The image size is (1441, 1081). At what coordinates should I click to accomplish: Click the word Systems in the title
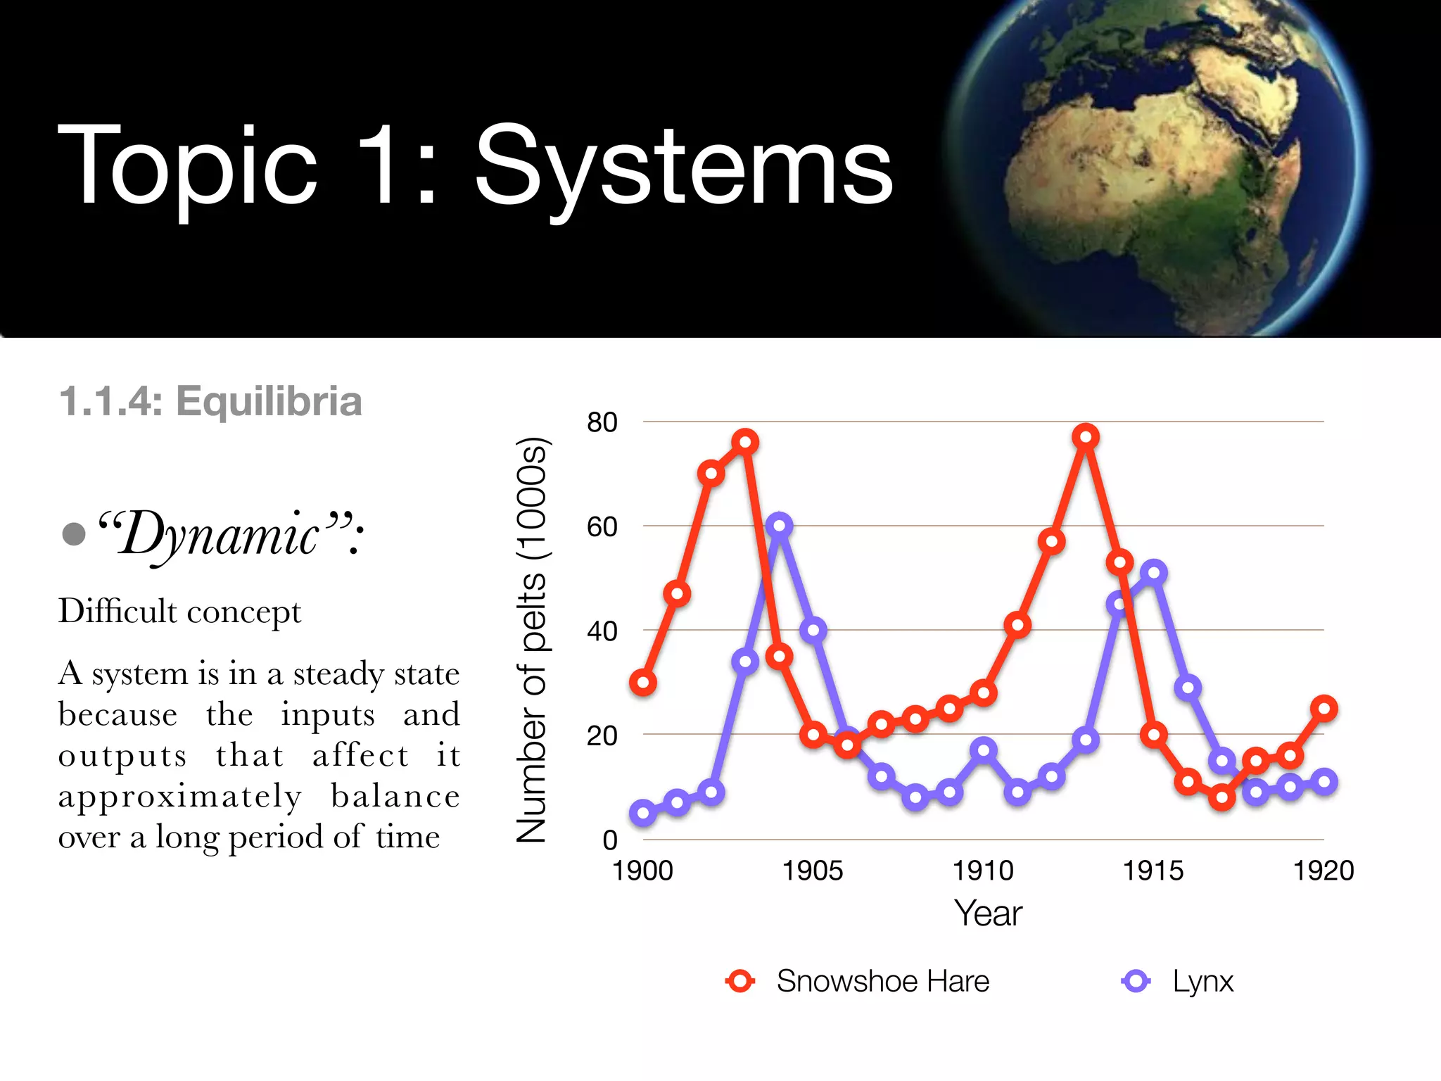click(683, 166)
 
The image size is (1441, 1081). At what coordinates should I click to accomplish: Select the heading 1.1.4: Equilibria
click(210, 401)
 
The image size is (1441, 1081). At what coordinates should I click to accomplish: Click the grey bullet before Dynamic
click(74, 533)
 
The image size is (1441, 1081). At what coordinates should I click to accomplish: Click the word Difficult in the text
click(118, 611)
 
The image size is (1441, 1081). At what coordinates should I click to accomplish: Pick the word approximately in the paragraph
click(180, 797)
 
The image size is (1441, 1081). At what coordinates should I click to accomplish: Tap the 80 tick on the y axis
click(602, 422)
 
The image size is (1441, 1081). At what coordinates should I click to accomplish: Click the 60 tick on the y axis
click(602, 526)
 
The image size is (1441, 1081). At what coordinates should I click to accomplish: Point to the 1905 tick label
click(813, 871)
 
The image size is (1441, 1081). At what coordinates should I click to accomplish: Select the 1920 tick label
click(1323, 871)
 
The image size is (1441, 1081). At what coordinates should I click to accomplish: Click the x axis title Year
click(988, 914)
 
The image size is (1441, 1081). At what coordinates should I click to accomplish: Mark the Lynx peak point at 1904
click(779, 525)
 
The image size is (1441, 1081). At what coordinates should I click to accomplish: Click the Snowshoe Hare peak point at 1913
click(1086, 437)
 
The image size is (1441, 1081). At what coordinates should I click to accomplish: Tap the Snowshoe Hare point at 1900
click(643, 682)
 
